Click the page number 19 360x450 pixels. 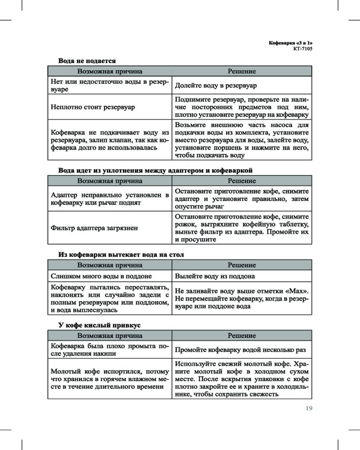[x=309, y=409]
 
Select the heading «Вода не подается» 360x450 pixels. [x=87, y=60]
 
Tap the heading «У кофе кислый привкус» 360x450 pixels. [x=99, y=324]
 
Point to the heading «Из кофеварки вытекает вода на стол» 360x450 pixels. [x=121, y=255]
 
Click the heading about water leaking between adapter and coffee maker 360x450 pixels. [x=156, y=171]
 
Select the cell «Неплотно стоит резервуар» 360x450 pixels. [x=93, y=107]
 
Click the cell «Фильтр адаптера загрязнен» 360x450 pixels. [x=94, y=228]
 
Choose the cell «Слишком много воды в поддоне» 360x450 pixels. [x=101, y=276]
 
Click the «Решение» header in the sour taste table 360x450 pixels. [x=242, y=336]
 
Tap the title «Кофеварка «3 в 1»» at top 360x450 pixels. [x=290, y=42]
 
